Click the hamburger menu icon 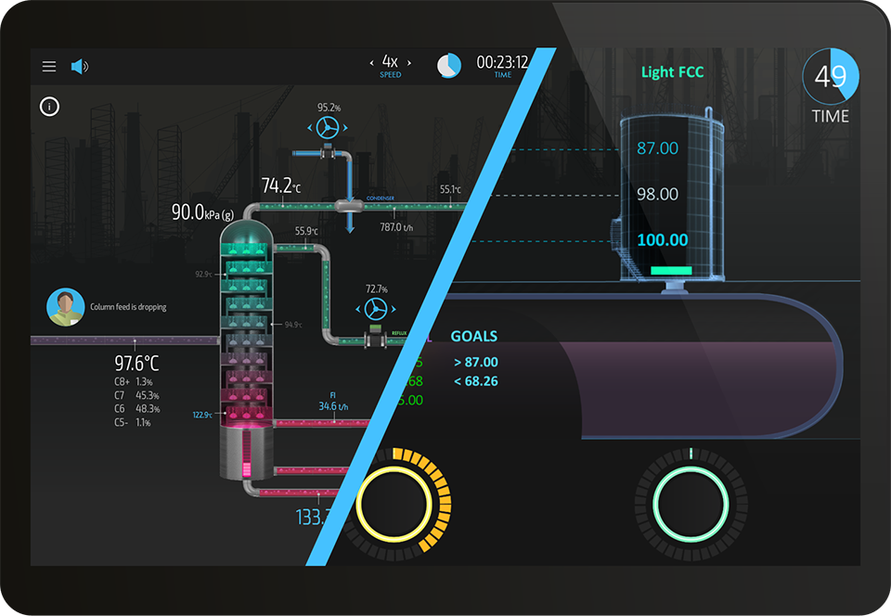pyautogui.click(x=49, y=67)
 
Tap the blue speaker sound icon pyautogui.click(x=79, y=67)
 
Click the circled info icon pyautogui.click(x=49, y=106)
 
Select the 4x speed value pyautogui.click(x=390, y=61)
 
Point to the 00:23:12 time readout pyautogui.click(x=502, y=62)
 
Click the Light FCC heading pyautogui.click(x=672, y=72)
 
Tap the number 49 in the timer pyautogui.click(x=830, y=76)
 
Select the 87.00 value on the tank pyautogui.click(x=657, y=148)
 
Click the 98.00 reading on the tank pyautogui.click(x=657, y=195)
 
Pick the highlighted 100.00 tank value pyautogui.click(x=663, y=240)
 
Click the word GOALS pyautogui.click(x=473, y=337)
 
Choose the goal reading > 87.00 pyautogui.click(x=475, y=362)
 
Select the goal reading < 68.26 pyautogui.click(x=475, y=381)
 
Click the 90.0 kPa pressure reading pyautogui.click(x=202, y=212)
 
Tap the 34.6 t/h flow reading pyautogui.click(x=333, y=406)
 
